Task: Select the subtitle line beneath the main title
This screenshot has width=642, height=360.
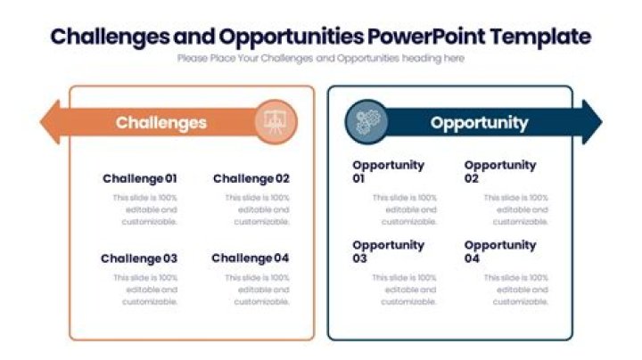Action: click(320, 58)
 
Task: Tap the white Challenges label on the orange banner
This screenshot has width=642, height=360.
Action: click(160, 122)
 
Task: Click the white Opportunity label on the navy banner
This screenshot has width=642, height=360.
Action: click(479, 122)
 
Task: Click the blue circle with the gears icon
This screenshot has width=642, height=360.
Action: click(366, 122)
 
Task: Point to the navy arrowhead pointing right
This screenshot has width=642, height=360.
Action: click(590, 122)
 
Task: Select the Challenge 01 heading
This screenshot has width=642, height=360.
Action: click(139, 178)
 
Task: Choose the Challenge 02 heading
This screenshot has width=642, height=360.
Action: click(251, 178)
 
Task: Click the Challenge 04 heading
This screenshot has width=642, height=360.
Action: click(251, 258)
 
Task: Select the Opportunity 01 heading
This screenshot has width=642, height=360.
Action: click(388, 171)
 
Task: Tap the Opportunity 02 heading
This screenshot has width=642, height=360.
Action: click(499, 171)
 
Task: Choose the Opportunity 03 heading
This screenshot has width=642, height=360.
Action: click(388, 251)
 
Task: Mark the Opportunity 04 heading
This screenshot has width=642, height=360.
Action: click(499, 251)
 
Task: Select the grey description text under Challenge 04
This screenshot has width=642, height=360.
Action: click(258, 290)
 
